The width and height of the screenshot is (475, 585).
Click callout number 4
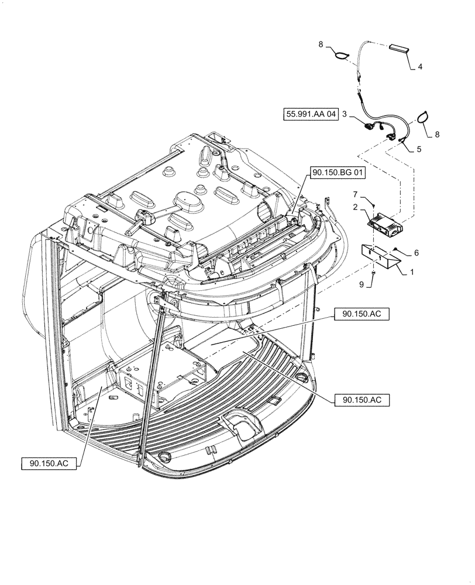pyautogui.click(x=420, y=67)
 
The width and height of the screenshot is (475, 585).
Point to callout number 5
pyautogui.click(x=418, y=149)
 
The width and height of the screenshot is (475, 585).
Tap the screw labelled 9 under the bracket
pyautogui.click(x=373, y=273)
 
